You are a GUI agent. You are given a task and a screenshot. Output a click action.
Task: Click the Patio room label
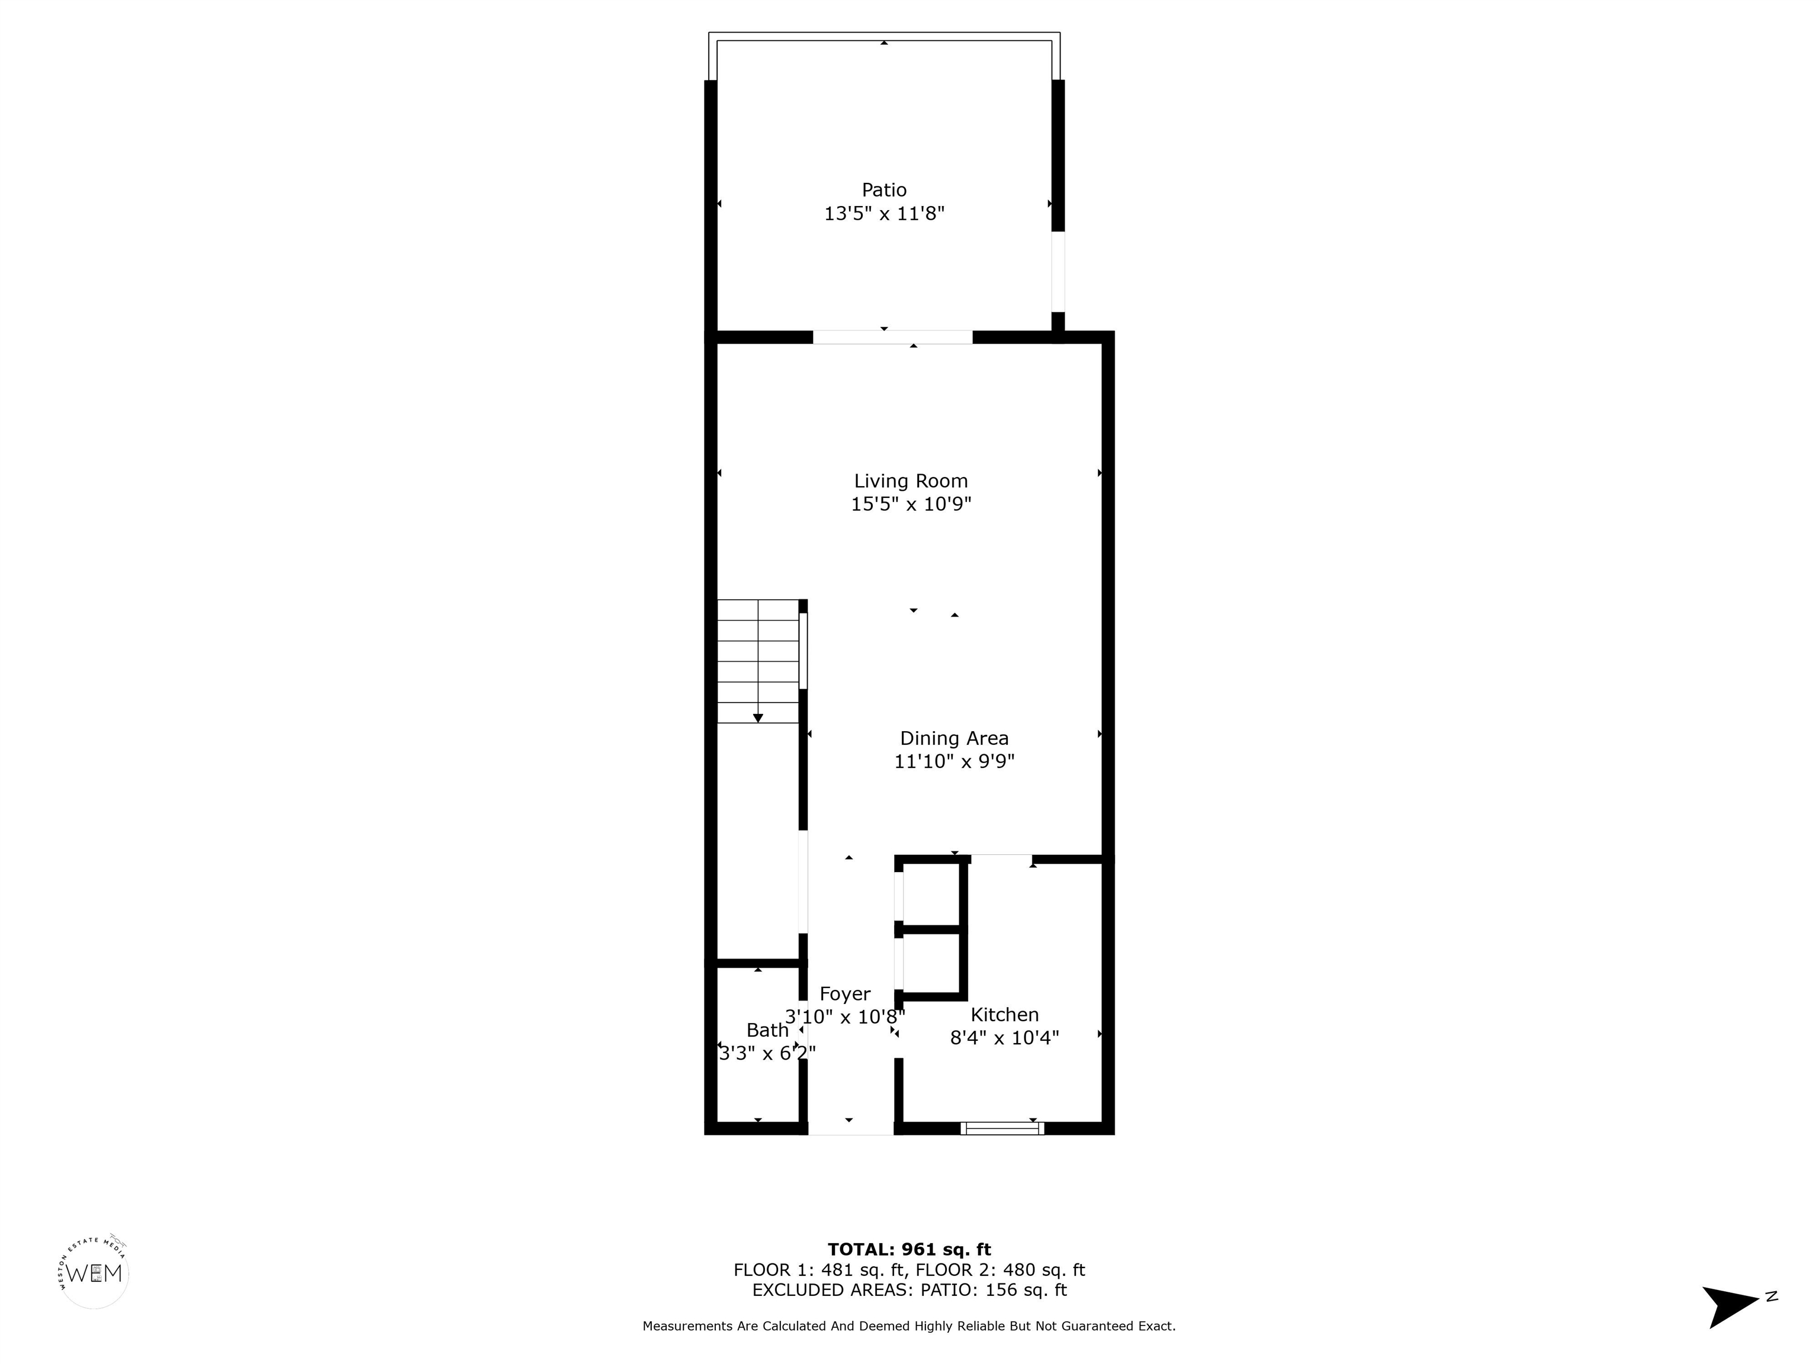tap(884, 190)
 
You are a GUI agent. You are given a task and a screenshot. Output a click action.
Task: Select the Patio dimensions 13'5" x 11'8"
tap(884, 214)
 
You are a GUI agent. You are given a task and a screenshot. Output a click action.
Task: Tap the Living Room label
tap(910, 481)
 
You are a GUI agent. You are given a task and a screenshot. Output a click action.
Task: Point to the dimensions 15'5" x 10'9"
tap(910, 504)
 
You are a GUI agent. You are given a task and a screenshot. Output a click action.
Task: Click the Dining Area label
tap(954, 738)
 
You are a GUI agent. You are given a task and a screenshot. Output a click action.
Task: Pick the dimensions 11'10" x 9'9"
tap(954, 761)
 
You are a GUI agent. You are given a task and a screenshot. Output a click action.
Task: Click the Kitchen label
tap(1004, 1015)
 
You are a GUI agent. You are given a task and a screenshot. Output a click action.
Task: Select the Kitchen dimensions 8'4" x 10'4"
tap(1004, 1038)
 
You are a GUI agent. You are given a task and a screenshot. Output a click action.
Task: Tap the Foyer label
tap(844, 994)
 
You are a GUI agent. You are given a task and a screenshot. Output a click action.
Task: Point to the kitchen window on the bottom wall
tap(1002, 1128)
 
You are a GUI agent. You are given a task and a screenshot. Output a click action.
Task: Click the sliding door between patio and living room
tap(892, 337)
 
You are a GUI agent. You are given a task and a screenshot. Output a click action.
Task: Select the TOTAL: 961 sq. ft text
tap(909, 1250)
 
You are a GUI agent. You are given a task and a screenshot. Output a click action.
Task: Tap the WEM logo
tap(95, 1273)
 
